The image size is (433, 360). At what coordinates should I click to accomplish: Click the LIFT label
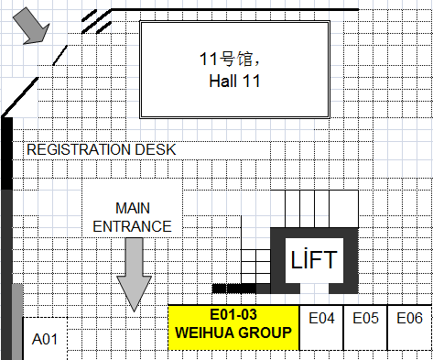[314, 259]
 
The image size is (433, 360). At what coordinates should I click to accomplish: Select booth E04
[321, 328]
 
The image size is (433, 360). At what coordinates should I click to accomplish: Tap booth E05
[365, 328]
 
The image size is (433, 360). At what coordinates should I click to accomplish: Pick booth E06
[410, 328]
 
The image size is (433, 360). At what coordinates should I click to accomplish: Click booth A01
[45, 338]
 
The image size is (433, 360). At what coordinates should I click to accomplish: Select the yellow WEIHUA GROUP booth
[233, 327]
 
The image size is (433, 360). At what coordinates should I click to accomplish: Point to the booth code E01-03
[233, 314]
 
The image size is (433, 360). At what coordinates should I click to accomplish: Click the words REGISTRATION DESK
[102, 149]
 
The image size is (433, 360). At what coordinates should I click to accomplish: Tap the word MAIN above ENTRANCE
[133, 208]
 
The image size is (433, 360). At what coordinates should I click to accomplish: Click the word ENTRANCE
[132, 226]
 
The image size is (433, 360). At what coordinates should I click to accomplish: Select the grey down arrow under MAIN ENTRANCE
[134, 275]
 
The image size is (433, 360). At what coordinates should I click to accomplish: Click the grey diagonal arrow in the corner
[31, 26]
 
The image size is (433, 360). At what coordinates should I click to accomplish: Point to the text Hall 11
[234, 82]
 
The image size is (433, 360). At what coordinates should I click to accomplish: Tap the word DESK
[156, 149]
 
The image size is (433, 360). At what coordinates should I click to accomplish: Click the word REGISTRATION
[80, 149]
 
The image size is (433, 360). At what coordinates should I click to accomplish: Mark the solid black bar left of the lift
[234, 289]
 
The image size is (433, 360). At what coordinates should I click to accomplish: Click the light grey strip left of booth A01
[17, 322]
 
